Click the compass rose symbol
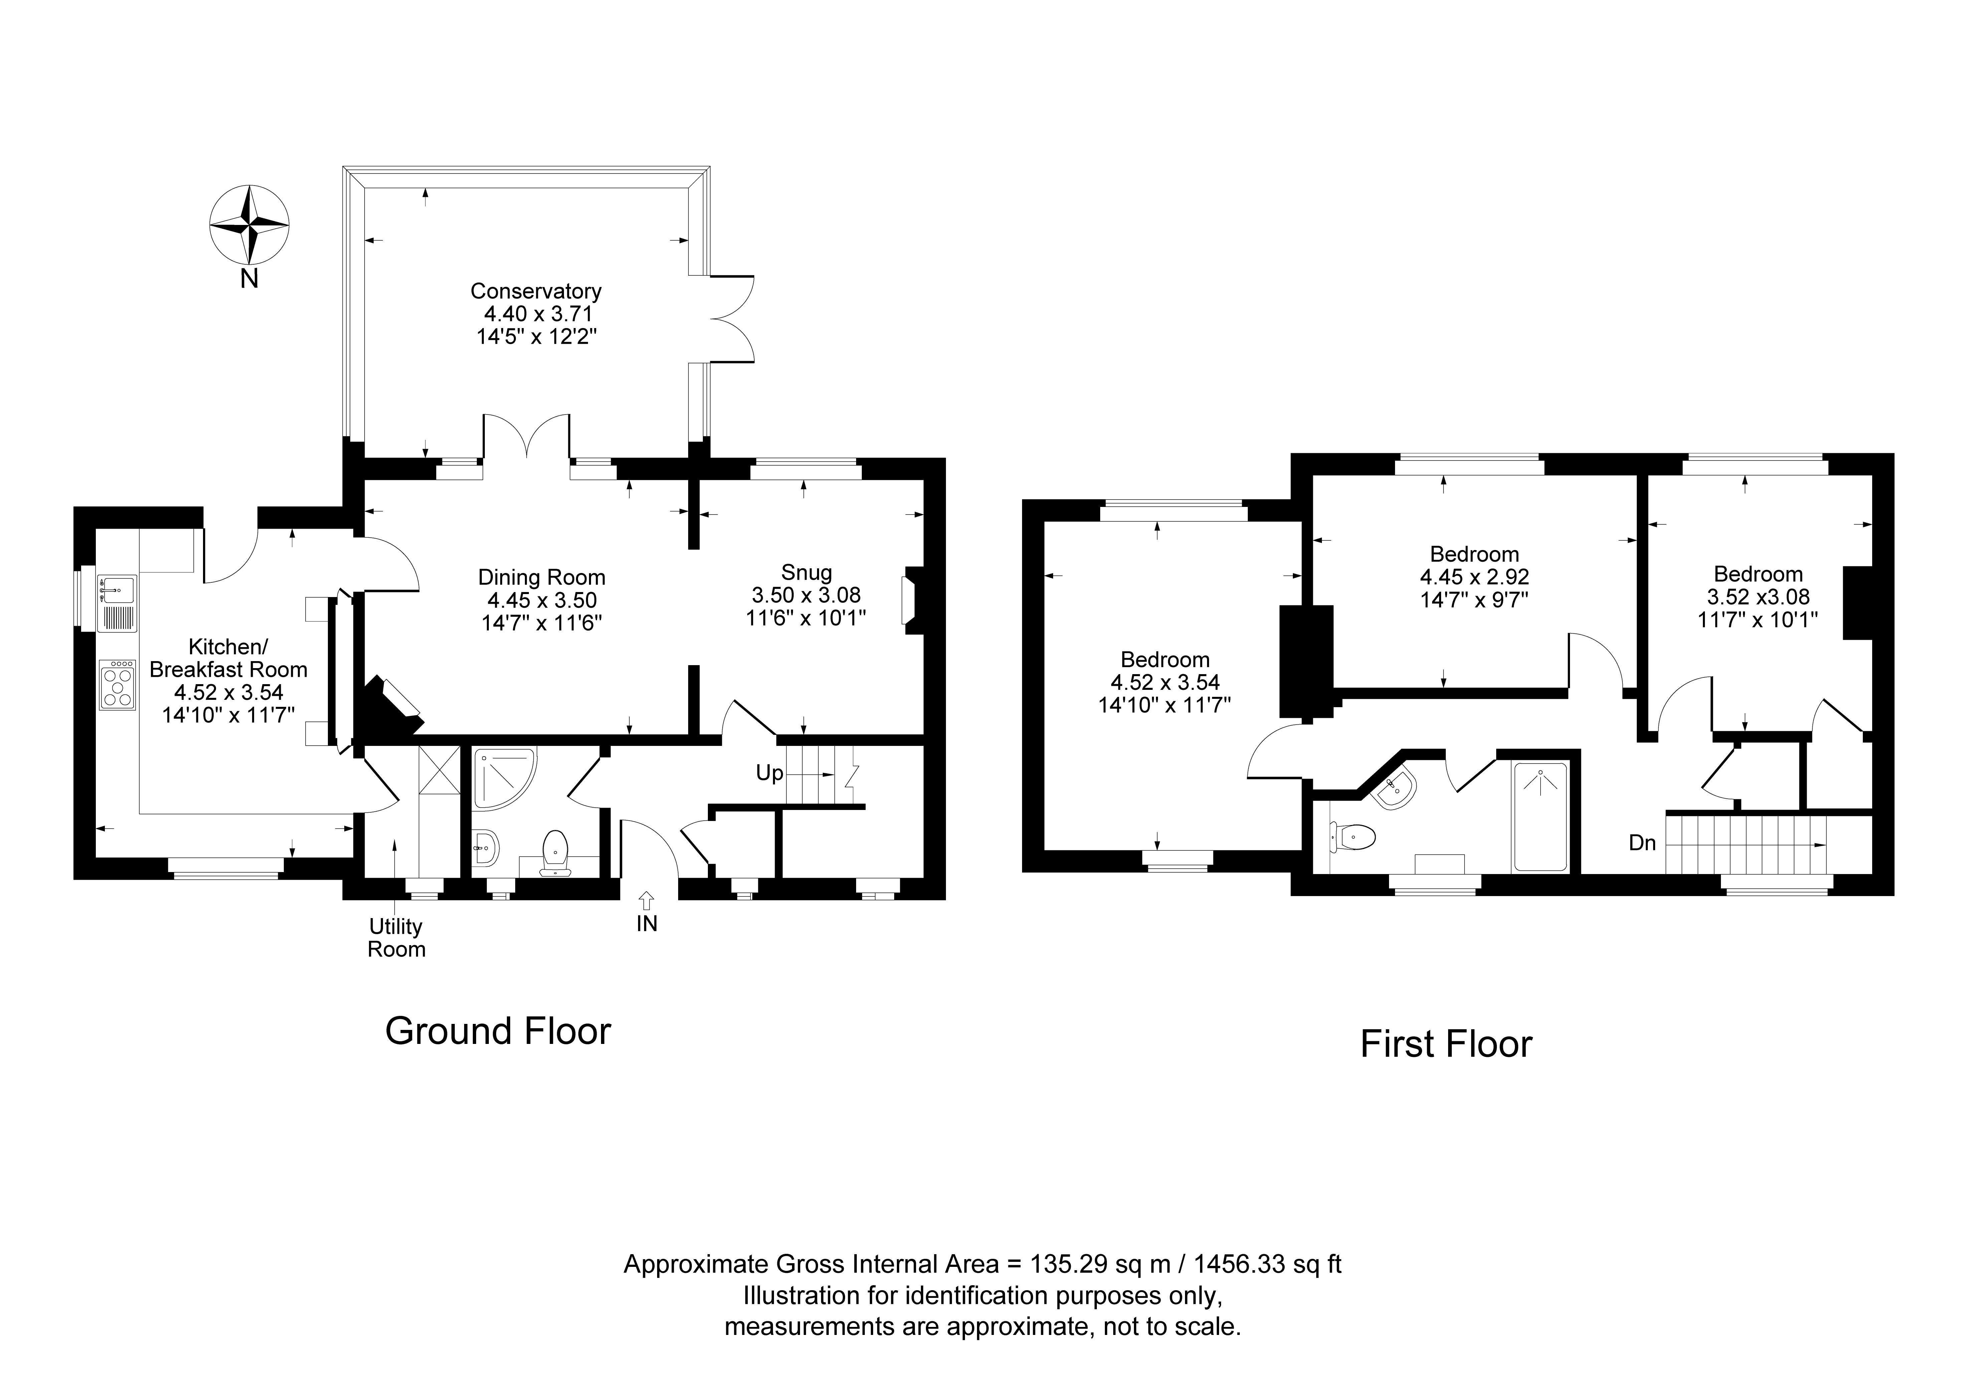point(249,225)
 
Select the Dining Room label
point(542,578)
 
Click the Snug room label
point(807,572)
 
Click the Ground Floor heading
point(498,1031)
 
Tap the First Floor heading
point(1446,1044)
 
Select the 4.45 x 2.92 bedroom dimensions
point(1474,577)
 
